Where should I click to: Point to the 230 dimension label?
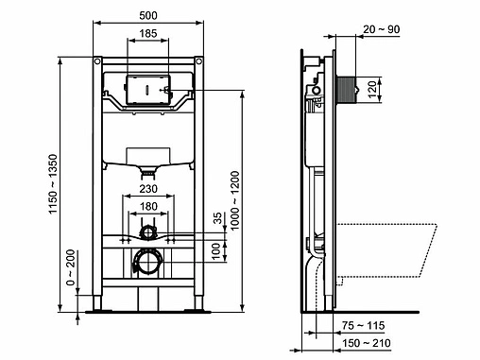(147, 188)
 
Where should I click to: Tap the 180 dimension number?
(148, 206)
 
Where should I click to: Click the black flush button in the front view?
(146, 92)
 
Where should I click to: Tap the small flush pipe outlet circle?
(147, 231)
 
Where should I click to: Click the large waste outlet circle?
(147, 263)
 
